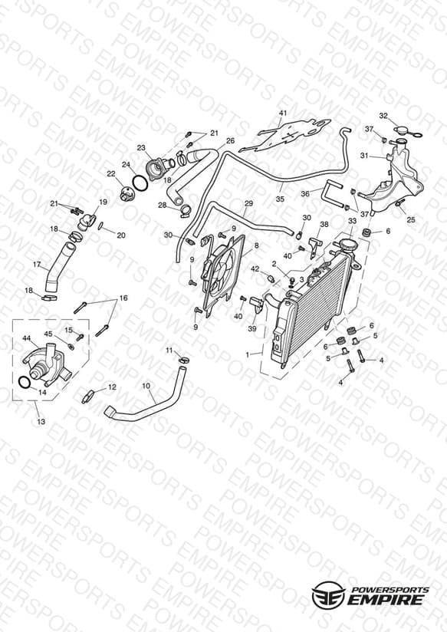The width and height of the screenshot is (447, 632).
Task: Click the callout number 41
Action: tap(283, 113)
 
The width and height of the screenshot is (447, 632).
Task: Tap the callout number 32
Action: tap(383, 116)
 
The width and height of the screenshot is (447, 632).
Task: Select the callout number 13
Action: tap(41, 422)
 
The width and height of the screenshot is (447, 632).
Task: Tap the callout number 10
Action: tap(146, 386)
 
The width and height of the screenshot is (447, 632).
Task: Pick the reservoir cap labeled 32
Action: tap(405, 131)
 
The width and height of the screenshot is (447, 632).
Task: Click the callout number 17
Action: tap(37, 265)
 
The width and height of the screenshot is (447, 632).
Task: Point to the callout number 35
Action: tap(280, 199)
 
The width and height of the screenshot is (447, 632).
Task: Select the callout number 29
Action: tap(248, 203)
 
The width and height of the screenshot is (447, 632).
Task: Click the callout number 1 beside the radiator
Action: tap(248, 354)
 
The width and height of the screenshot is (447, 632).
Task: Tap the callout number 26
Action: tap(230, 140)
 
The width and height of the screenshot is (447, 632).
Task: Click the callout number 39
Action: tap(252, 328)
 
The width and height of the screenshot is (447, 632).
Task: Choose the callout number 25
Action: tap(411, 219)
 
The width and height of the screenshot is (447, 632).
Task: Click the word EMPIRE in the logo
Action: tap(386, 600)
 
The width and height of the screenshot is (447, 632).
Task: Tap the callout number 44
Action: tap(27, 337)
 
